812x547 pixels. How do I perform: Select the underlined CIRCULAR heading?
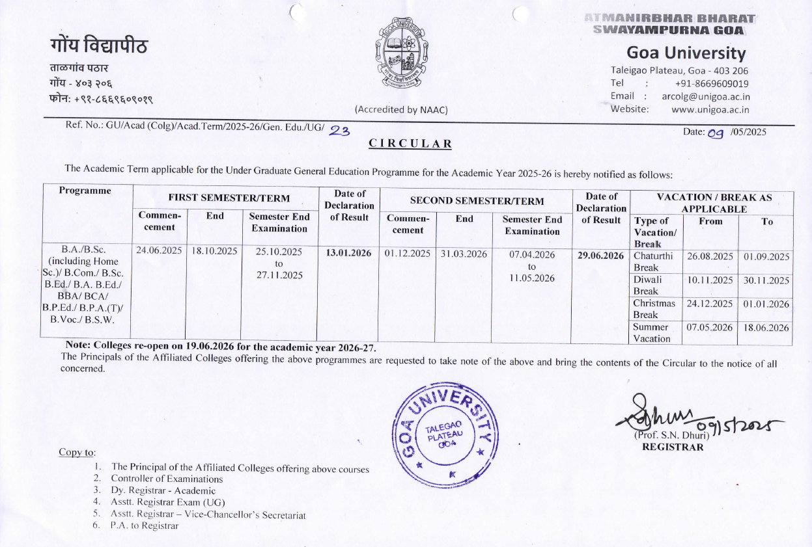[410, 144]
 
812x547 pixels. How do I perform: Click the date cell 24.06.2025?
[160, 250]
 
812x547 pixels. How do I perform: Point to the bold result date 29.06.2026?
[601, 256]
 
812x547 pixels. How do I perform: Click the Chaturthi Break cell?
[656, 261]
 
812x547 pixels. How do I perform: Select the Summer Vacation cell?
[655, 332]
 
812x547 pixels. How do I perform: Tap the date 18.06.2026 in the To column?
[765, 328]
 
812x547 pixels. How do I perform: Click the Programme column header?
[85, 191]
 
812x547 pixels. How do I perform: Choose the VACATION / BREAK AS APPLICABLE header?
[714, 203]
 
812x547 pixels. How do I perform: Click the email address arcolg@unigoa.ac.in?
[706, 96]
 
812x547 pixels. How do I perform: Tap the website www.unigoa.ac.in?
[710, 109]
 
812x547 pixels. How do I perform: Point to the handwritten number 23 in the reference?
[339, 131]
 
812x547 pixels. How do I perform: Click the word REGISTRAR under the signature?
[673, 447]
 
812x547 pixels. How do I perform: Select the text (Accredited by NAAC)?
[401, 110]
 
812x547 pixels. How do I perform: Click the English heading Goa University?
[686, 53]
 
